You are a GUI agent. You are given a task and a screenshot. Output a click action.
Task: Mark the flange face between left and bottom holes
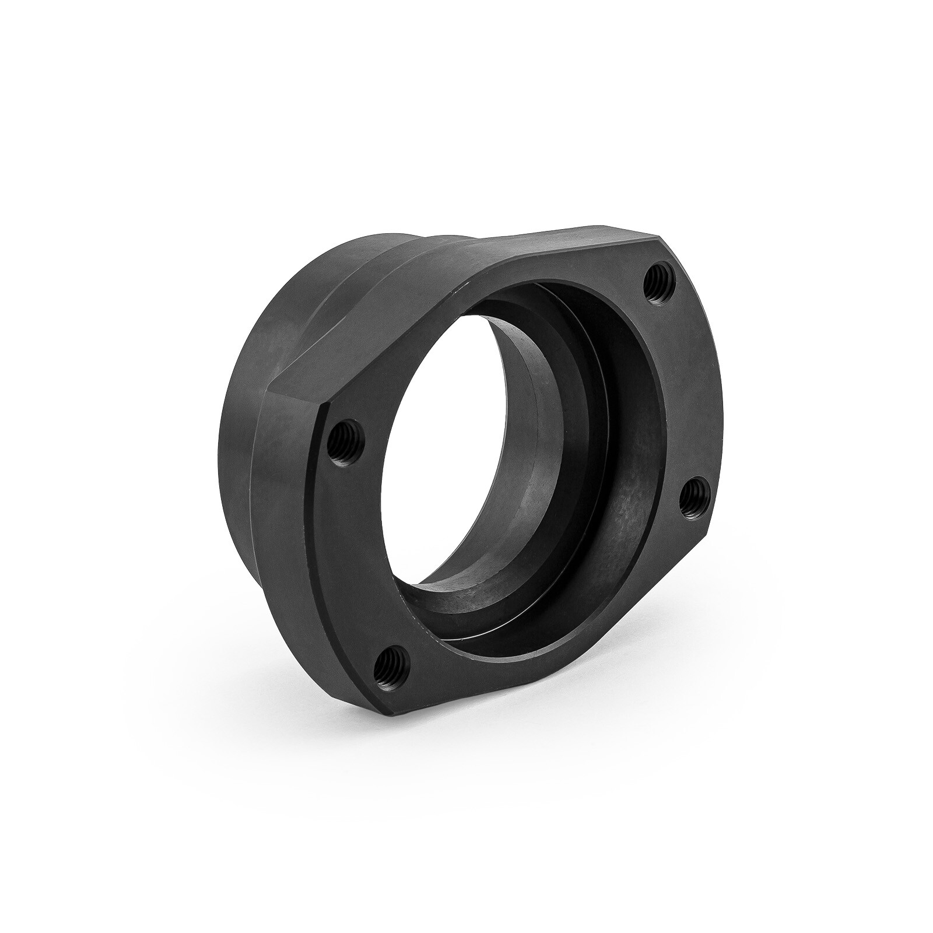[x=356, y=554]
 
